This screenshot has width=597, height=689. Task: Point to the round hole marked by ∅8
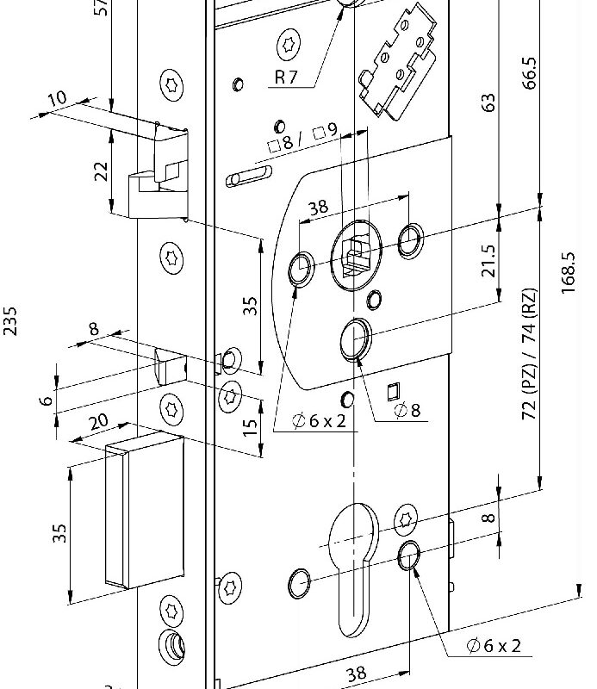pyautogui.click(x=355, y=338)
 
